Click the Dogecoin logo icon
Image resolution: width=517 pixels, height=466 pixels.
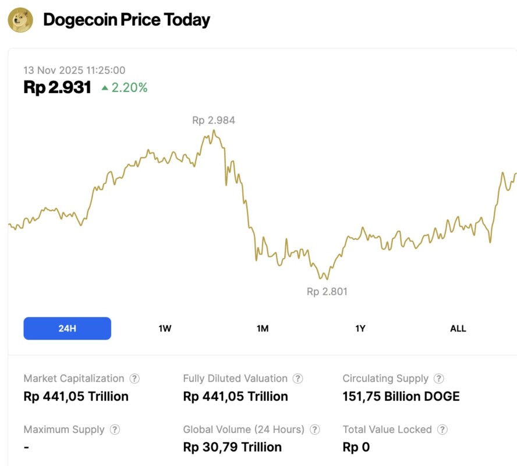point(20,20)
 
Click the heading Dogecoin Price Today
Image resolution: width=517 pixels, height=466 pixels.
point(126,20)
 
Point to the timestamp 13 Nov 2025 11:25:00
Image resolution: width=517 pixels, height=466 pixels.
point(74,70)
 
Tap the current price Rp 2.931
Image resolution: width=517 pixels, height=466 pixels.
point(57,87)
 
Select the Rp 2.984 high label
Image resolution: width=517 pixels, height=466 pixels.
point(213,121)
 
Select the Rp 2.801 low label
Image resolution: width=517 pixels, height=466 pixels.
point(327,291)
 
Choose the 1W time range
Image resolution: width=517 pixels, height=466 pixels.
point(165,329)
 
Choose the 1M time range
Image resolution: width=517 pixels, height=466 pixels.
point(263,329)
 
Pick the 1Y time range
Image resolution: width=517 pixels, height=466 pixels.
point(360,329)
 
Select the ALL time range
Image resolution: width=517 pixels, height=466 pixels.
point(458,329)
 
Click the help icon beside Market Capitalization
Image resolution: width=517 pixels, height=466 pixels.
point(134,379)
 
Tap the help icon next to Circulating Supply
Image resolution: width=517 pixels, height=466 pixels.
point(439,379)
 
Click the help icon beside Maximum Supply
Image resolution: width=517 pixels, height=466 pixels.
point(115,430)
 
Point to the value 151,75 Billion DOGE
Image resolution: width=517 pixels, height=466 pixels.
point(401,397)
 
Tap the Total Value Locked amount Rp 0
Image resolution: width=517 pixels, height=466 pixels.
point(356,447)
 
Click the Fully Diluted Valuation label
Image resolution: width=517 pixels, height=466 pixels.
point(235,379)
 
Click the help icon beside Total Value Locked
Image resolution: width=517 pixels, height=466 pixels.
point(442,430)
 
